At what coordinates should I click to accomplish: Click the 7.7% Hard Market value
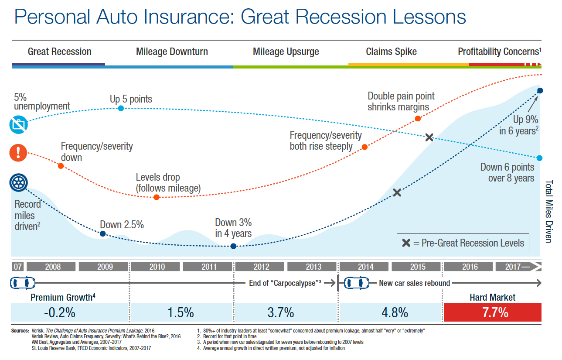pyautogui.click(x=492, y=312)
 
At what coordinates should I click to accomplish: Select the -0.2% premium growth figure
pyautogui.click(x=60, y=312)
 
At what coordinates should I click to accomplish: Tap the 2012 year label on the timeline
pyautogui.click(x=261, y=267)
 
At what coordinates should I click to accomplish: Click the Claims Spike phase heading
pyautogui.click(x=391, y=51)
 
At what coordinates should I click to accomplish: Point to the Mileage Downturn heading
pyautogui.click(x=172, y=51)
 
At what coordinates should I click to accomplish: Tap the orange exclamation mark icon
pyautogui.click(x=18, y=152)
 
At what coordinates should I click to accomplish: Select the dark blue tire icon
pyautogui.click(x=18, y=183)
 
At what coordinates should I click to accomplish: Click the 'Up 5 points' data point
pyautogui.click(x=121, y=108)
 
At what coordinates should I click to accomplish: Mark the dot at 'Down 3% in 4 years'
pyautogui.click(x=233, y=246)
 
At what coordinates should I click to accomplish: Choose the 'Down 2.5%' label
pyautogui.click(x=122, y=225)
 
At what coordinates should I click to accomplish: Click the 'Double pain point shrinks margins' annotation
pyautogui.click(x=401, y=101)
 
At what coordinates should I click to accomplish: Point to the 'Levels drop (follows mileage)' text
pyautogui.click(x=168, y=183)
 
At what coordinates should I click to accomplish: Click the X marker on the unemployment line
pyautogui.click(x=429, y=137)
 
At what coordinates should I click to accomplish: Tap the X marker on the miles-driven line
pyautogui.click(x=397, y=192)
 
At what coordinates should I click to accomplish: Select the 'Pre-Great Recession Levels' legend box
pyautogui.click(x=463, y=243)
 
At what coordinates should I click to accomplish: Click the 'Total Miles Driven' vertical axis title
pyautogui.click(x=549, y=211)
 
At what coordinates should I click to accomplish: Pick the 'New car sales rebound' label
pyautogui.click(x=414, y=283)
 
